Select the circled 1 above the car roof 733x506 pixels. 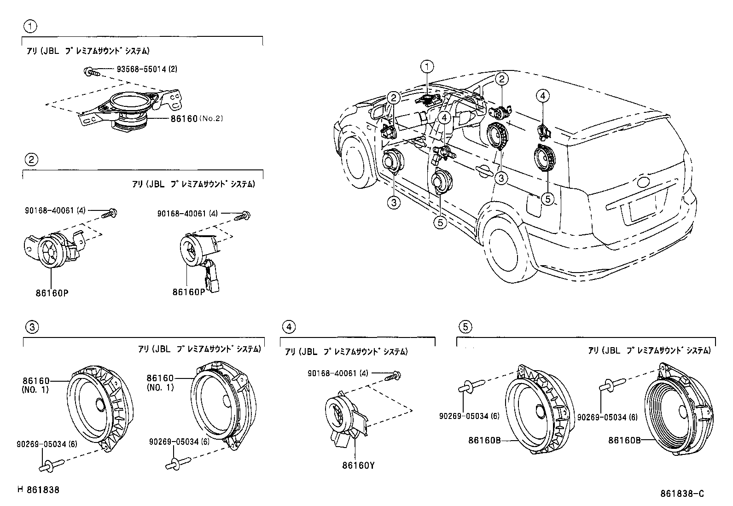click(x=427, y=67)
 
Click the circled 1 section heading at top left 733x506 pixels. click(x=30, y=26)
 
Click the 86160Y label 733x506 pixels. click(x=359, y=465)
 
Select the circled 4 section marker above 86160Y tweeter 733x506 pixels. click(x=288, y=327)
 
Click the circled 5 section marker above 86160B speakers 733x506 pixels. click(x=465, y=327)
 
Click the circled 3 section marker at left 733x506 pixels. click(x=31, y=327)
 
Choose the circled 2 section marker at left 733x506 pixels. click(x=31, y=160)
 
